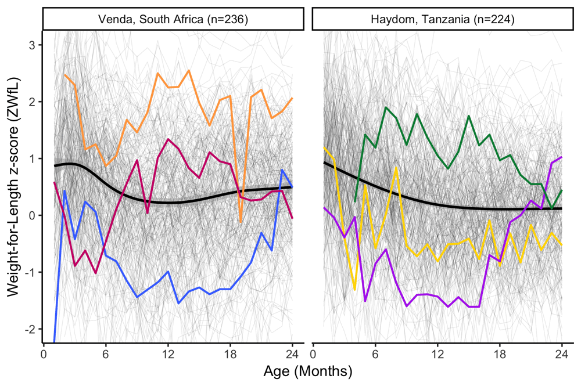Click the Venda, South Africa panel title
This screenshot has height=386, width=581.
(173, 19)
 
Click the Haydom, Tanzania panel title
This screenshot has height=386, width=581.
(443, 19)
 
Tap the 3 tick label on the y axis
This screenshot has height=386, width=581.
(34, 45)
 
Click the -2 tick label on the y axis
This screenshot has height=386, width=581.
(32, 329)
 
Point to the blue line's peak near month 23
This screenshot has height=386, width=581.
(282, 170)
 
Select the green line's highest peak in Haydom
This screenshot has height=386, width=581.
(386, 107)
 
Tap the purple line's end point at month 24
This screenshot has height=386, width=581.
(562, 157)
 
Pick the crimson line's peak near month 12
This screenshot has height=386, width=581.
(168, 139)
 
